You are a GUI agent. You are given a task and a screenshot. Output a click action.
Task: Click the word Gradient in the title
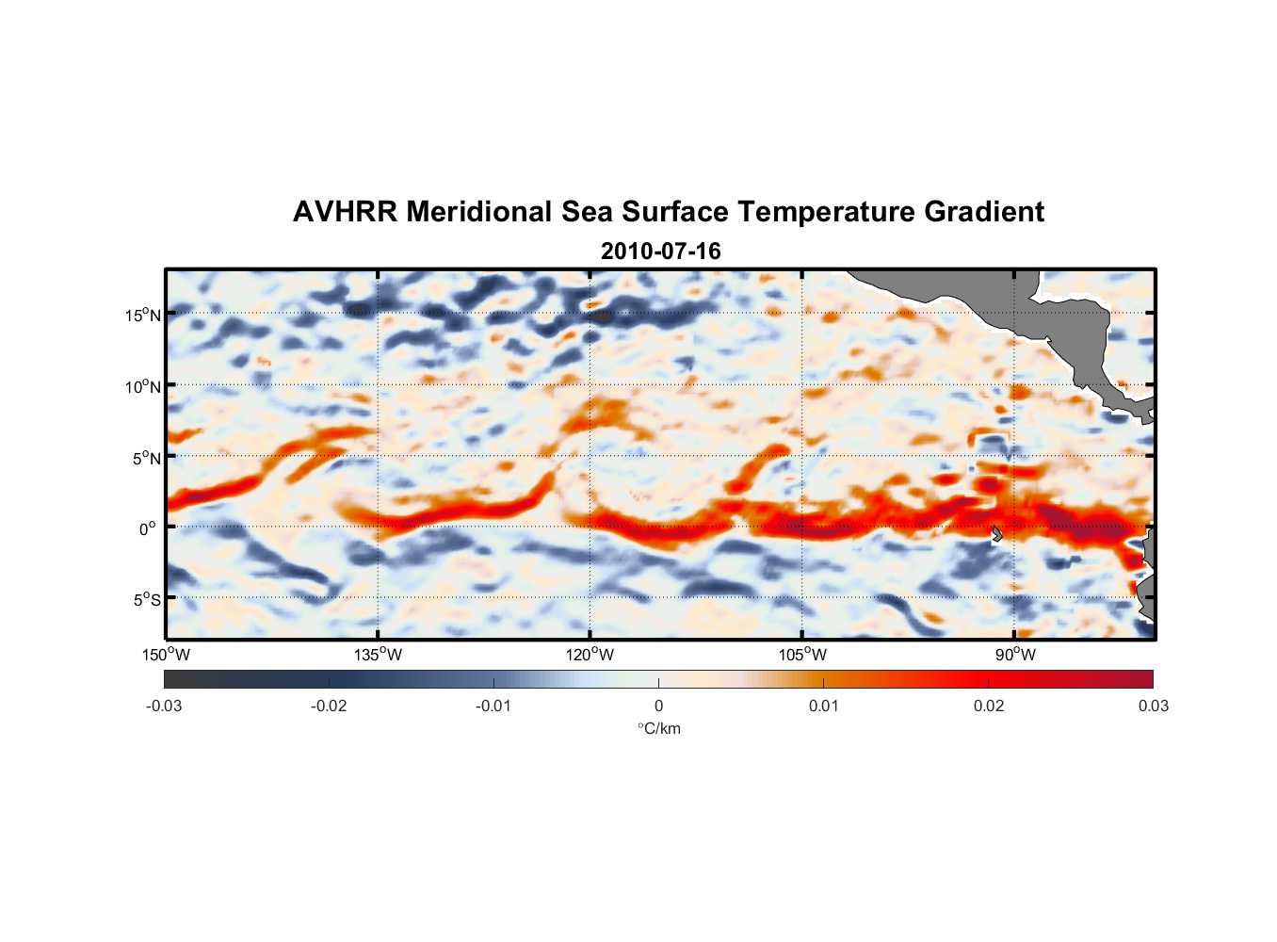(984, 212)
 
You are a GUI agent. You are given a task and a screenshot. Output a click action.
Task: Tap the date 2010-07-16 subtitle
(660, 252)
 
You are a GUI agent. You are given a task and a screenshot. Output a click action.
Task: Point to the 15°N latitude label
(143, 315)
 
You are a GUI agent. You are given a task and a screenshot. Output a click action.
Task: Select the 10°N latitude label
(143, 386)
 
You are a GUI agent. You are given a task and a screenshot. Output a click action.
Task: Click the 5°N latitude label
(146, 458)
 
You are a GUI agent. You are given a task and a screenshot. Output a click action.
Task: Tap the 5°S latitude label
(146, 600)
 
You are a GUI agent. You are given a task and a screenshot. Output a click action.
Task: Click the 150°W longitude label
(166, 655)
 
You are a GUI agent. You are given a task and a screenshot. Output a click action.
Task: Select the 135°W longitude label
(378, 655)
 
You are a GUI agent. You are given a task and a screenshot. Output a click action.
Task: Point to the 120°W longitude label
(590, 655)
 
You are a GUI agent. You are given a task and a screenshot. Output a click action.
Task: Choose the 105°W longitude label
(802, 655)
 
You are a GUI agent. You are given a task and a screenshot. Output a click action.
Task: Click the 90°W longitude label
(1015, 655)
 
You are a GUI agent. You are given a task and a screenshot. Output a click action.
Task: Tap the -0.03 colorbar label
(164, 706)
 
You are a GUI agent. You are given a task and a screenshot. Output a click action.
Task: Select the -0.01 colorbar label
(493, 706)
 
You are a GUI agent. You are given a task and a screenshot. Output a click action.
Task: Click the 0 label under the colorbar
(658, 706)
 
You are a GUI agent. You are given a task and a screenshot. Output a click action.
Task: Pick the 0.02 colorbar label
(989, 706)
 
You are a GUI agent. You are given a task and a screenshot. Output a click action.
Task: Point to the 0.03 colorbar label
(1153, 706)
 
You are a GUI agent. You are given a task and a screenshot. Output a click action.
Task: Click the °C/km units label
(659, 728)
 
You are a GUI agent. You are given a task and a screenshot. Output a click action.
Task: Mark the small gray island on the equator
(997, 534)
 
